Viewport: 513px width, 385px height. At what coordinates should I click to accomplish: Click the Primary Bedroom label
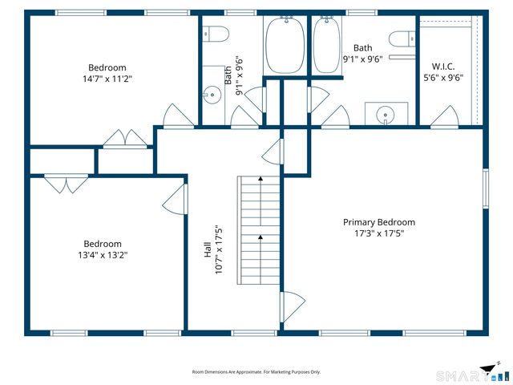(379, 222)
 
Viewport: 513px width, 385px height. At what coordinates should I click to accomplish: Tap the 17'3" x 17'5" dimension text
(379, 233)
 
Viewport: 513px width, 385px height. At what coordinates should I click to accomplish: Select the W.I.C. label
(443, 67)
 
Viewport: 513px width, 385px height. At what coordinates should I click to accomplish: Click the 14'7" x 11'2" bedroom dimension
(107, 79)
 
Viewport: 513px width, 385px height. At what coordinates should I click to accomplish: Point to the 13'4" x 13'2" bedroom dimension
(103, 255)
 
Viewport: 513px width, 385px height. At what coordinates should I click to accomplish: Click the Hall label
(208, 249)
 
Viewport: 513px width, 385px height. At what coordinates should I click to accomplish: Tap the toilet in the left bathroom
(215, 34)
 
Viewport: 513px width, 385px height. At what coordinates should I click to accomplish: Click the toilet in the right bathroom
(402, 38)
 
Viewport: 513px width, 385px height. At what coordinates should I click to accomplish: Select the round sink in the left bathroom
(212, 95)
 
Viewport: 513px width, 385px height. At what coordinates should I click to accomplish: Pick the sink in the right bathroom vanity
(386, 115)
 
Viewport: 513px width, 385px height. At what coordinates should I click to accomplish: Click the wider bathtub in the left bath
(285, 45)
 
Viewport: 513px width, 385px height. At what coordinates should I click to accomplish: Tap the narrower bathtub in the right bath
(326, 45)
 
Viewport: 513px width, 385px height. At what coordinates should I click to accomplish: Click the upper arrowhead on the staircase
(261, 179)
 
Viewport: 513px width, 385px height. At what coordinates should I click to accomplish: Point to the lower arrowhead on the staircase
(261, 237)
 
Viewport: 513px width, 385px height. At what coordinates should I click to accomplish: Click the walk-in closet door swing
(446, 115)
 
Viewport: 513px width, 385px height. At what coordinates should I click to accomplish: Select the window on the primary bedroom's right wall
(486, 188)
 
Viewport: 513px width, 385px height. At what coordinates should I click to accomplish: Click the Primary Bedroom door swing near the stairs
(292, 306)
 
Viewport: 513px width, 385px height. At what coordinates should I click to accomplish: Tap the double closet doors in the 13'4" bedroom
(67, 184)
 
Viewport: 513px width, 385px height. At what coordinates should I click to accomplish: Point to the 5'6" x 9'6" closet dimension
(443, 78)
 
